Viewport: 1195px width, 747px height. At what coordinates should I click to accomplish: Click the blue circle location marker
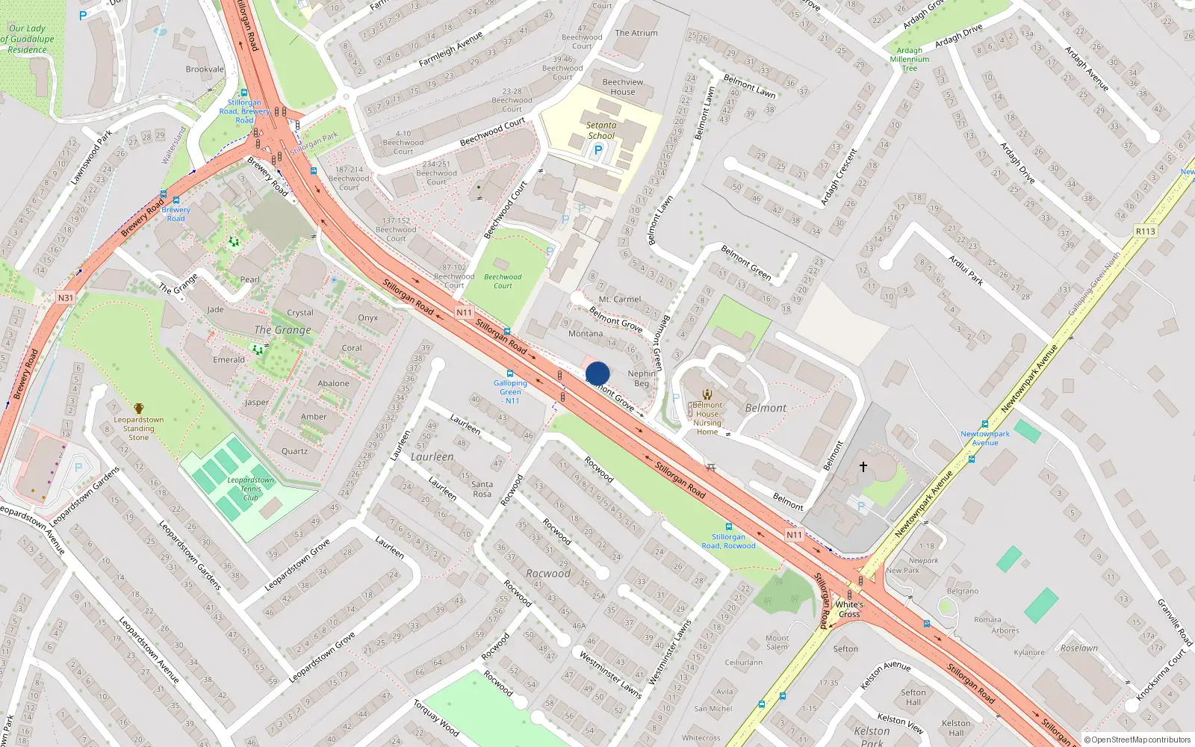click(x=597, y=373)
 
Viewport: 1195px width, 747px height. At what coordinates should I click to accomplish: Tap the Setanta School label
click(x=601, y=131)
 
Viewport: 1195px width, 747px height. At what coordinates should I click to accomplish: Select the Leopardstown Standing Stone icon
click(x=139, y=408)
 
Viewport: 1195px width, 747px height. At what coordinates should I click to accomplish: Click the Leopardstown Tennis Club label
click(x=250, y=489)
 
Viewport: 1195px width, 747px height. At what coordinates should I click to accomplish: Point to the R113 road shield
click(x=1145, y=232)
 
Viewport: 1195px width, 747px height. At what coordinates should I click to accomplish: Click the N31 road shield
click(x=66, y=298)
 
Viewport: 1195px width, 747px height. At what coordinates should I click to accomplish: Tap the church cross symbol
click(x=863, y=467)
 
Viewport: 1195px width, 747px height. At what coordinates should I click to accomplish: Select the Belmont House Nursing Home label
click(x=707, y=418)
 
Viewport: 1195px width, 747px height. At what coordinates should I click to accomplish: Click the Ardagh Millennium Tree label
click(x=910, y=60)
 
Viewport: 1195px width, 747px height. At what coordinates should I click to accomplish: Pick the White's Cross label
click(x=849, y=610)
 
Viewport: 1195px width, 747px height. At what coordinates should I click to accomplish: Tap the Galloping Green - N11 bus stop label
click(x=510, y=391)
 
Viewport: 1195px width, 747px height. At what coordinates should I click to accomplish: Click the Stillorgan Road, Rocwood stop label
click(x=728, y=541)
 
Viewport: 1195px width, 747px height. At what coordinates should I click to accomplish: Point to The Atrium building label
click(x=636, y=33)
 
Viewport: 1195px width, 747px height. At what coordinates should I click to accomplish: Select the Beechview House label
click(x=623, y=87)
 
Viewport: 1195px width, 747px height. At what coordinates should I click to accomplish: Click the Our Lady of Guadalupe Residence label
click(x=28, y=39)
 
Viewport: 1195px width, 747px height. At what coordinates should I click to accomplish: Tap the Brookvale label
click(x=205, y=69)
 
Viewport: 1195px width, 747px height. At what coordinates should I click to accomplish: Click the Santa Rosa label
click(x=482, y=489)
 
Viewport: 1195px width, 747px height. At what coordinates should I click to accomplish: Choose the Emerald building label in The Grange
click(x=229, y=359)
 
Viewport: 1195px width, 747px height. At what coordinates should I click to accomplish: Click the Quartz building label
click(x=294, y=451)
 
